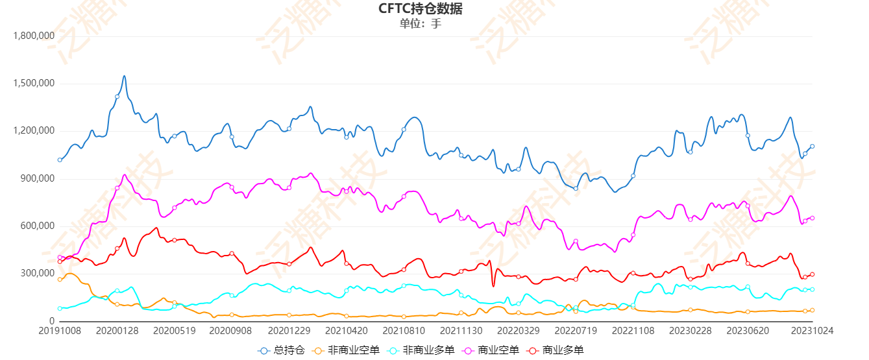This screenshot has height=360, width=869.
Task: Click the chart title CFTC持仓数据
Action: tap(421, 8)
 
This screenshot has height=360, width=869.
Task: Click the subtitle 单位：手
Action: tap(421, 23)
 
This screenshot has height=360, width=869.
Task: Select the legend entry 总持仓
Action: tap(282, 350)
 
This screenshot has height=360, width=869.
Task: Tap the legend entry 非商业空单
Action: tap(347, 350)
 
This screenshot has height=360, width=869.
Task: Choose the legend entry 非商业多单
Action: tap(421, 350)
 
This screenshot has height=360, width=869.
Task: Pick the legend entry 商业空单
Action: tap(491, 350)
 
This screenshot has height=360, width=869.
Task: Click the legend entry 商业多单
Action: tap(556, 350)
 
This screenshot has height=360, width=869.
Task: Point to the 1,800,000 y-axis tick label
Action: tap(33, 36)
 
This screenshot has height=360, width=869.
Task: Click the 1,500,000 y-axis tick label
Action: tap(33, 84)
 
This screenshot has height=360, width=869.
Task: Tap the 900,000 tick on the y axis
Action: tap(38, 178)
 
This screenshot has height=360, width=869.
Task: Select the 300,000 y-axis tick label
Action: tap(38, 273)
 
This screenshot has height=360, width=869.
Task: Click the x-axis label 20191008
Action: tap(60, 330)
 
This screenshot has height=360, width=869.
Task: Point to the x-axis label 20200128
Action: tap(117, 330)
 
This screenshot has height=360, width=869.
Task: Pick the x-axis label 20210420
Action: tap(346, 330)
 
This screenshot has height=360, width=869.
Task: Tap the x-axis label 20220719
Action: tap(575, 330)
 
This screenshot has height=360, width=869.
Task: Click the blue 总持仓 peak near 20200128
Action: tap(124, 76)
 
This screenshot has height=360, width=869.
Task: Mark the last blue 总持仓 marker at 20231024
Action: tap(812, 147)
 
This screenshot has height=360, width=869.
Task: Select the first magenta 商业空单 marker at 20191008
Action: tap(60, 258)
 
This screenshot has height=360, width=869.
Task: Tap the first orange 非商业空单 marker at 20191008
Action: tap(60, 280)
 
